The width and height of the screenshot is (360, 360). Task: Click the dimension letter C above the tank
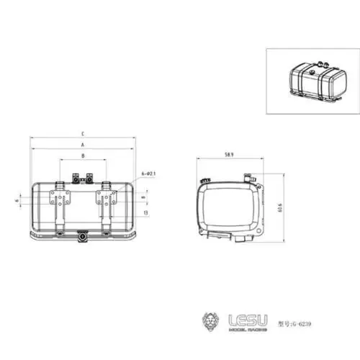point(83,134)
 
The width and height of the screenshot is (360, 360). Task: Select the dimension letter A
point(83,145)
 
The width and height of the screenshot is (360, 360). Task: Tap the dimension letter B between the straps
point(83,156)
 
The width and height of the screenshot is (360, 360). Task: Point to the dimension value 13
point(146,212)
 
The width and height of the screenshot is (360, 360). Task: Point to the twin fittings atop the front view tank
point(83,177)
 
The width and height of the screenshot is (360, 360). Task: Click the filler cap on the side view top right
point(249,175)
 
